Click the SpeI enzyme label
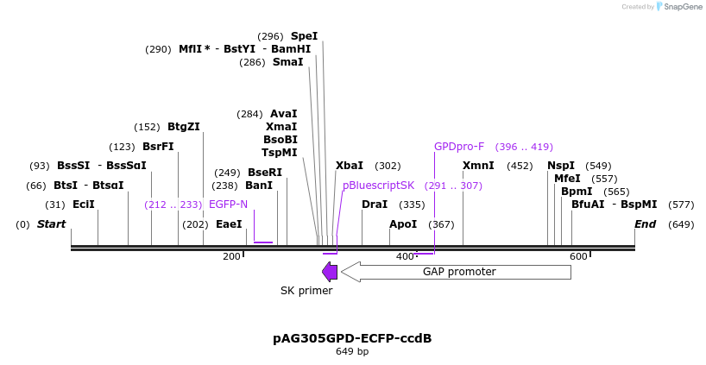click(304, 36)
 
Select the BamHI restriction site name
click(291, 49)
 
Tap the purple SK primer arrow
click(330, 272)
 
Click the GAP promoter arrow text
click(458, 272)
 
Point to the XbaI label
click(350, 166)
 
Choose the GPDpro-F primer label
click(459, 147)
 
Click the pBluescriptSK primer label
click(378, 186)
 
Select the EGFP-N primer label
click(228, 205)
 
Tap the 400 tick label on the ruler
click(405, 256)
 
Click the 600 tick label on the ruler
click(578, 256)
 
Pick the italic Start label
click(51, 224)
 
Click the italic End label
click(646, 224)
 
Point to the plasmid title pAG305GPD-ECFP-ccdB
click(352, 338)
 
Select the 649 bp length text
click(352, 352)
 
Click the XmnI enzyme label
click(478, 166)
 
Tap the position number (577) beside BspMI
click(681, 205)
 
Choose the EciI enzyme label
click(84, 205)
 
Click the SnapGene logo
click(678, 7)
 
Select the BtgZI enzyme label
click(184, 127)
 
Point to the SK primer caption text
click(306, 291)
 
